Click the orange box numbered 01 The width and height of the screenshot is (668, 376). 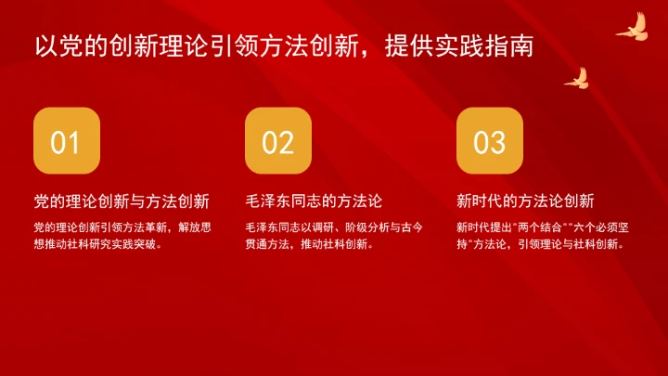[66, 141]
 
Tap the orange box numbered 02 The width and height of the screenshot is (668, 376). [277, 141]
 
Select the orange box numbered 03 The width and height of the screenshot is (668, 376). [489, 141]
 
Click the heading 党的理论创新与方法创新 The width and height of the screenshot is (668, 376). [121, 201]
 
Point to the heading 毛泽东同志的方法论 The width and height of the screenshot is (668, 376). [315, 201]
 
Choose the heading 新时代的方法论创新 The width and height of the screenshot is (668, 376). [525, 201]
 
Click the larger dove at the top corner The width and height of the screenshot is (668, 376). [632, 28]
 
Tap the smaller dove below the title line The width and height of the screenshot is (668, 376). [577, 78]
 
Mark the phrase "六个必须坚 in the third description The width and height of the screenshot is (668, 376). [597, 227]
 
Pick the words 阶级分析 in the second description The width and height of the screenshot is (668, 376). [351, 227]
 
